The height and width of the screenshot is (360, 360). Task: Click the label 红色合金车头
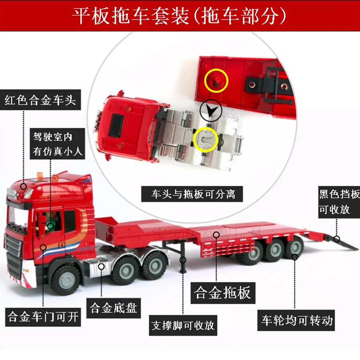click(40, 100)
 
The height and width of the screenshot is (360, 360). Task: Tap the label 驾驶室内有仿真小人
click(57, 144)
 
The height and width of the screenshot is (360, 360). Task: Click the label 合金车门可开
click(43, 317)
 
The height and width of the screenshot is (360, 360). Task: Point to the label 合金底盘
click(114, 308)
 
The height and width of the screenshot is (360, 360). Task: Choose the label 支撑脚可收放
click(183, 325)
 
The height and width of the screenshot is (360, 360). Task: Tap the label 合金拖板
click(223, 293)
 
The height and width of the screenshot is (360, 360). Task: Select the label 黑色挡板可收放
click(339, 202)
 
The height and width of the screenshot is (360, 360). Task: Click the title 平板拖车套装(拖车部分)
click(179, 16)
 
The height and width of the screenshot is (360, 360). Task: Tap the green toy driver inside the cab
click(51, 224)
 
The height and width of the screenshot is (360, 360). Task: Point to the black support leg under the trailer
click(183, 257)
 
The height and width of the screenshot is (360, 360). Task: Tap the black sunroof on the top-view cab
click(117, 125)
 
